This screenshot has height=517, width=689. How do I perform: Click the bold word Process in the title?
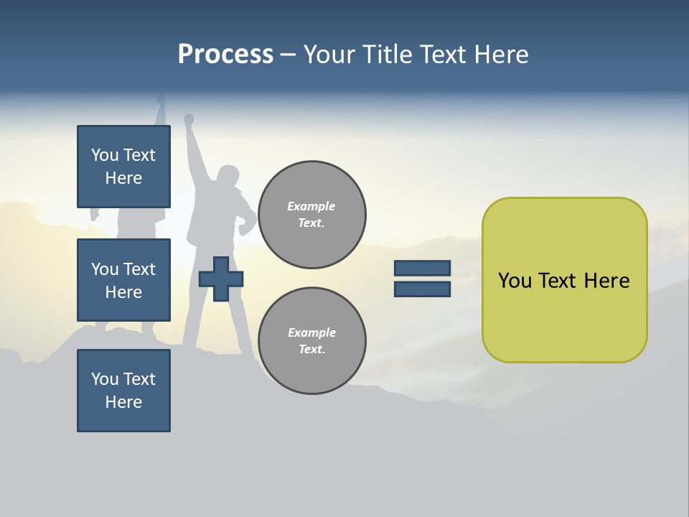pos(225,55)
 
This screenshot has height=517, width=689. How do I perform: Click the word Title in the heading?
pos(385,55)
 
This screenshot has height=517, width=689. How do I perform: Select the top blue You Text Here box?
pos(123,167)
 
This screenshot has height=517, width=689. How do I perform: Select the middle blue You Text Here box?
pos(123,280)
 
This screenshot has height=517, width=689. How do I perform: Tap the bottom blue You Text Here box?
pos(123,391)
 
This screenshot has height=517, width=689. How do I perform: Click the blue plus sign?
pos(221,279)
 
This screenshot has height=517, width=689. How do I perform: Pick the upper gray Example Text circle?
pos(312,215)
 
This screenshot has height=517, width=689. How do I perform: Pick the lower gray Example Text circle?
pos(312,341)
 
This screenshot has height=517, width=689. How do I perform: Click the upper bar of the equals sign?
pos(422,269)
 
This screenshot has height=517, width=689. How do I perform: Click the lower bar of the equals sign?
pos(422,289)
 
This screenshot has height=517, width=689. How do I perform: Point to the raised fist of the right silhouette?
pos(189,119)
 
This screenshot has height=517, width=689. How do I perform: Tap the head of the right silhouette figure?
pos(228,176)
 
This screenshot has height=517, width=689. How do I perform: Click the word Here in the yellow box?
pos(606,281)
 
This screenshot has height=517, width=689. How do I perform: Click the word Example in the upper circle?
pos(311,206)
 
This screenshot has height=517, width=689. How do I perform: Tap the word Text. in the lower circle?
pos(312,350)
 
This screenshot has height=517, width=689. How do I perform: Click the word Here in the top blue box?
pos(123,178)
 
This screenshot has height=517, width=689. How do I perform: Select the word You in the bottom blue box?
pos(105,379)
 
